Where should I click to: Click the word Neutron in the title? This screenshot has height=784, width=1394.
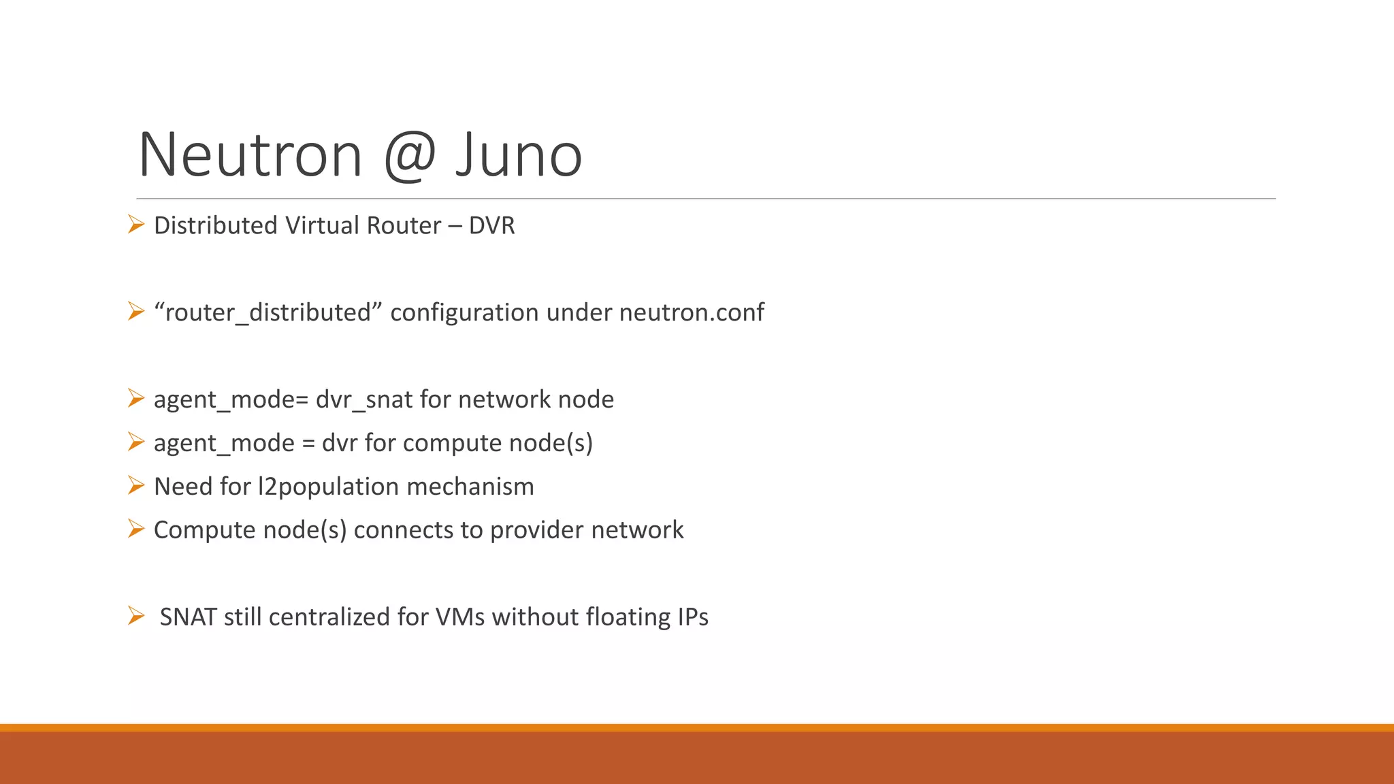point(250,155)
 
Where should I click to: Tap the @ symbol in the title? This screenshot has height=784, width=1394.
point(409,155)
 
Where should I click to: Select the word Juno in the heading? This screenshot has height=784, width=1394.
point(519,155)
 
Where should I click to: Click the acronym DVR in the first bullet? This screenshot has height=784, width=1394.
point(491,225)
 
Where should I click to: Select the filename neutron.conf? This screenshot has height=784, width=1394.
point(692,312)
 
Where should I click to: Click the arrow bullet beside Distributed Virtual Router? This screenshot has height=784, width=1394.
point(136,224)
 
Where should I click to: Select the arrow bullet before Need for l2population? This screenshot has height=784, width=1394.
point(136,485)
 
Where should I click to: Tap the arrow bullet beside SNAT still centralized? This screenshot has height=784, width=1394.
point(136,616)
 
